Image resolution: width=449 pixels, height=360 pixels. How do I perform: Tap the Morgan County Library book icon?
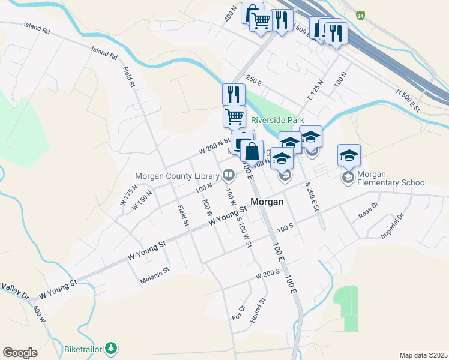click(228, 176)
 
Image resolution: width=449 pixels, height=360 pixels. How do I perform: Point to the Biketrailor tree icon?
click(110, 348)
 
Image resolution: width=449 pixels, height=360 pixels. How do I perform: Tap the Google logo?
click(20, 353)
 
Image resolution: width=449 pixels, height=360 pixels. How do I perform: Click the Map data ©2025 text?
click(423, 355)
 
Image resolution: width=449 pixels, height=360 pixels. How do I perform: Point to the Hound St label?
click(258, 310)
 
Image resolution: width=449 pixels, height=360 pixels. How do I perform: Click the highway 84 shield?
click(360, 14)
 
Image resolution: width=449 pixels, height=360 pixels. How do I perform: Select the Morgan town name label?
click(267, 202)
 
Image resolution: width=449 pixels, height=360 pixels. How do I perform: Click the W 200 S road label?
click(268, 274)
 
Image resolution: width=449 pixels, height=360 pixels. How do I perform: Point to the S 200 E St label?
click(311, 196)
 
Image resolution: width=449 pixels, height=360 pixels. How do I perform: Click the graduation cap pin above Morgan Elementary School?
click(349, 155)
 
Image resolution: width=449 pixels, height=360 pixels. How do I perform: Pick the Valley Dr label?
click(14, 291)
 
